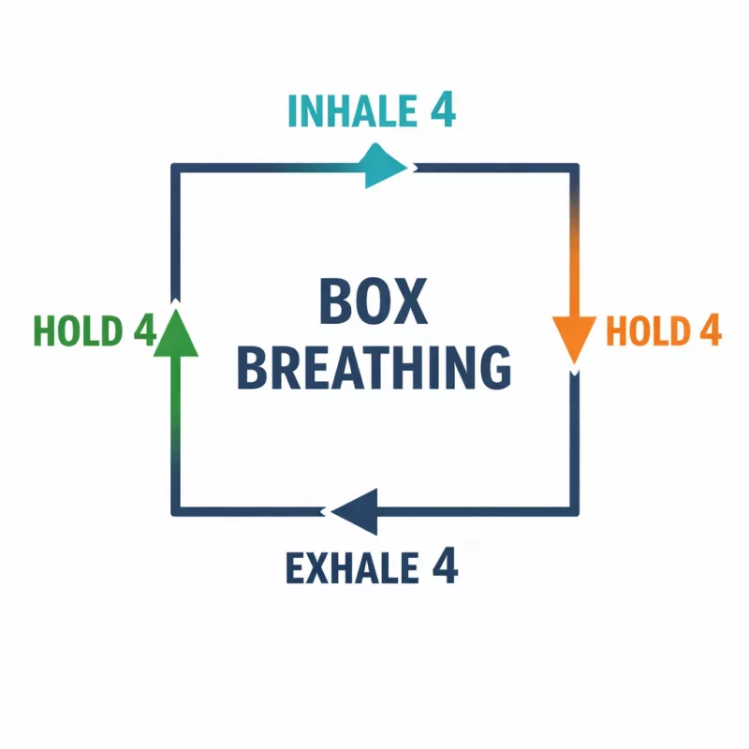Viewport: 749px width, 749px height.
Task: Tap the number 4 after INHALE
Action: (x=442, y=110)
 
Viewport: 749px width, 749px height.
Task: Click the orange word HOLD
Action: (x=646, y=331)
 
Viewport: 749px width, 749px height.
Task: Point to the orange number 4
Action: (x=710, y=330)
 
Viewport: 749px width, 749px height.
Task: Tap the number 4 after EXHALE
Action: (x=444, y=565)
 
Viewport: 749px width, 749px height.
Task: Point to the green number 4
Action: (x=143, y=330)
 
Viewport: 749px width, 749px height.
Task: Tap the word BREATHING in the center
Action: (x=374, y=368)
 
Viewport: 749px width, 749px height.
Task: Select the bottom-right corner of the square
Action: (x=575, y=511)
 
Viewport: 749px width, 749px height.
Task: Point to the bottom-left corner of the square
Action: (x=174, y=511)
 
